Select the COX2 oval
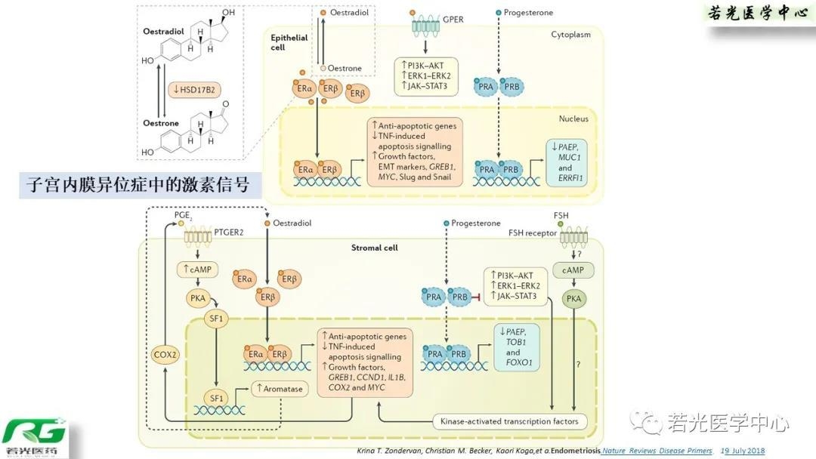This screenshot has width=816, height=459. (165, 355)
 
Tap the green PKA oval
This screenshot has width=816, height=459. (574, 300)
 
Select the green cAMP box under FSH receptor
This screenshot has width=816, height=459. (574, 270)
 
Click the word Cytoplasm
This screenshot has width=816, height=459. (570, 35)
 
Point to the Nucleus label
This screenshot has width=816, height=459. (573, 119)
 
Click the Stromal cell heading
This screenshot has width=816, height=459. (374, 248)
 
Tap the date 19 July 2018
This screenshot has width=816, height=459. (743, 451)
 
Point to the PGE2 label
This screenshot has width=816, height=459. (183, 216)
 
